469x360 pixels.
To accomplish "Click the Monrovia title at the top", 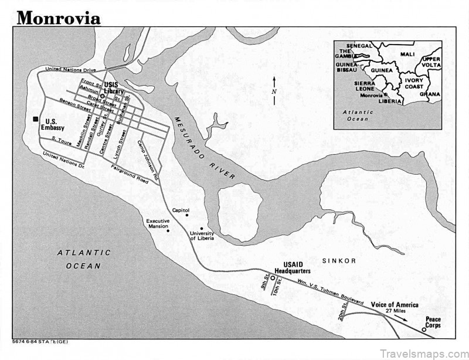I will click(59, 18).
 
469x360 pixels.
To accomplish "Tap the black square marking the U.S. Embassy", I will click(36, 120).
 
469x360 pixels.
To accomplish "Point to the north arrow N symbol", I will click(274, 91).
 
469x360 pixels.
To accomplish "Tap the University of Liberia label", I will click(201, 236).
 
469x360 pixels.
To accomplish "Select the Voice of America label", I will click(395, 305).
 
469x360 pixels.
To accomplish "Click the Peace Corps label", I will click(433, 322).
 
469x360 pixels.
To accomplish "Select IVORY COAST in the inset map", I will click(414, 83).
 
